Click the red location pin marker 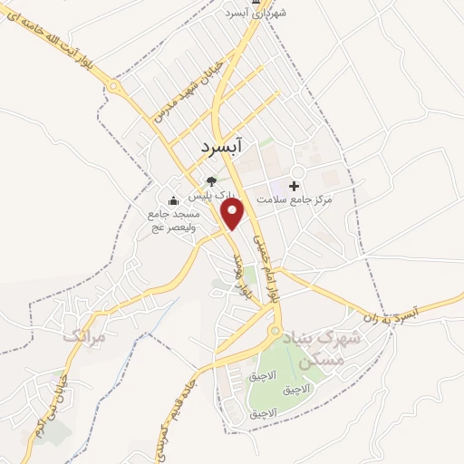(235, 214)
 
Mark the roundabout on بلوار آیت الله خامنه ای (115, 87)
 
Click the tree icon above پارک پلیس (212, 180)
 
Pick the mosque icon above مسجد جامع (174, 200)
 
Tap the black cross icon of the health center (294, 185)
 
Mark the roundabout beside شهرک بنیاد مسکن (273, 334)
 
